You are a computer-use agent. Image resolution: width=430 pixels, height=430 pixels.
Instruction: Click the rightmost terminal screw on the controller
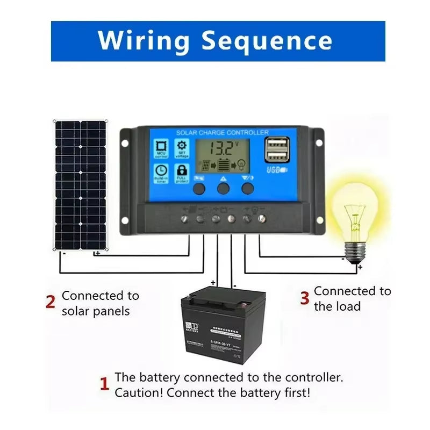point(262,219)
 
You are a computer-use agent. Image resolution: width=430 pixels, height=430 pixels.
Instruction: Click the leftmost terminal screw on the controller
point(184,219)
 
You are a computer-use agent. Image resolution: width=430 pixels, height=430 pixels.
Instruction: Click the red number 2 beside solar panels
point(51,302)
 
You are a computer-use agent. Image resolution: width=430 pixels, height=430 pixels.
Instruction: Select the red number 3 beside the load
point(304,298)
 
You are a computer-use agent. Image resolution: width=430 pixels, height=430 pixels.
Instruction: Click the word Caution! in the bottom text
point(139,392)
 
